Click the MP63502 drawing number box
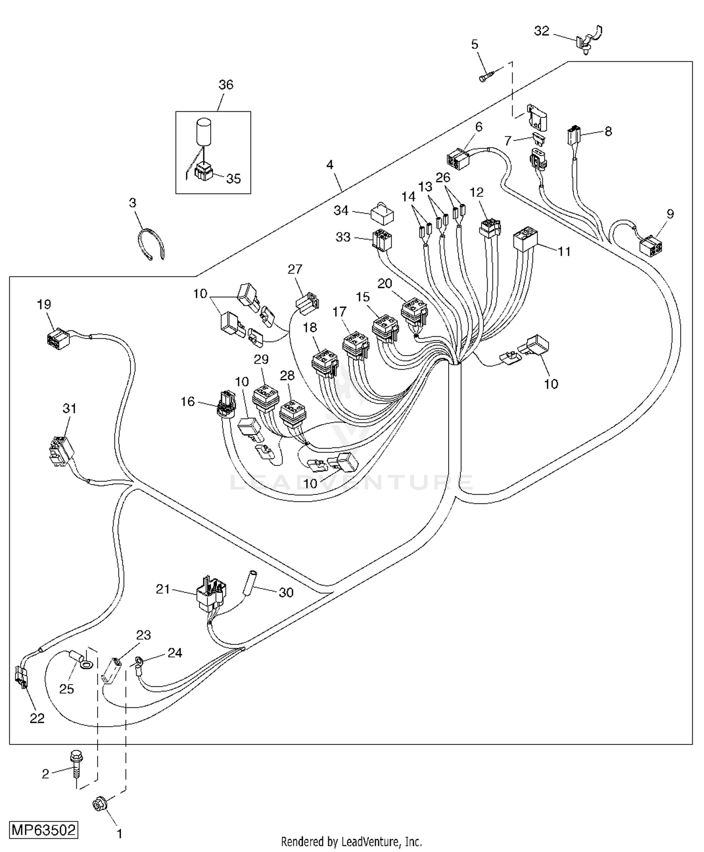(x=43, y=830)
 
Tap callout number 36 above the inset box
(x=226, y=85)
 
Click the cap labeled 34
(x=383, y=215)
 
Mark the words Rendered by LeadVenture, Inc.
(x=351, y=841)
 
